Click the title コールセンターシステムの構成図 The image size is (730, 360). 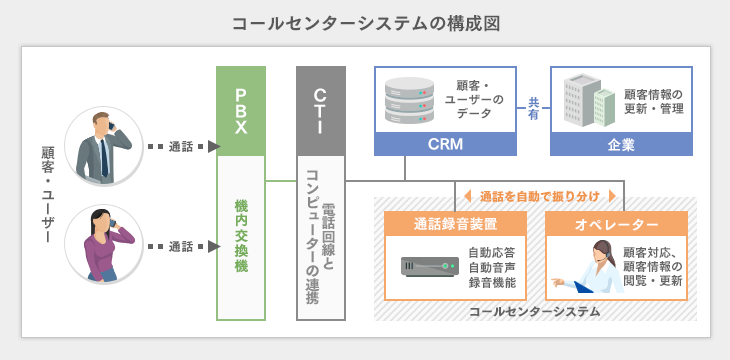coord(365,22)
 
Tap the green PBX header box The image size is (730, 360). coord(241,111)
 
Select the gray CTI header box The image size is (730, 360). coord(321,111)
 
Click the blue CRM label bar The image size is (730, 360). coord(445,145)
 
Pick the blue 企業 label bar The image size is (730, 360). coord(621,145)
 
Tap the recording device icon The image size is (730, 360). coord(429,267)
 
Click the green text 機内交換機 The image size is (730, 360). coord(241,237)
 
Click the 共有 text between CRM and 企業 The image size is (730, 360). coord(533,109)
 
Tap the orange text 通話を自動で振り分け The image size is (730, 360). coord(539,197)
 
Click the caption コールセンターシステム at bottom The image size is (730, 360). coord(534,312)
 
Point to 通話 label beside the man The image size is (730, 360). coord(181,147)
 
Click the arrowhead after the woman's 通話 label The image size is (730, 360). coord(213,246)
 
